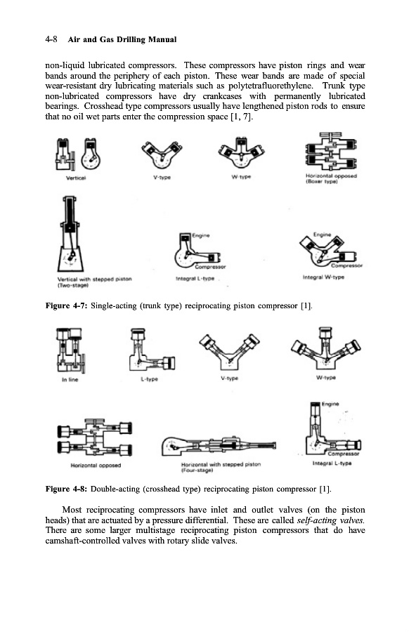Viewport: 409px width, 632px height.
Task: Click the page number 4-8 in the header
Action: [x=51, y=39]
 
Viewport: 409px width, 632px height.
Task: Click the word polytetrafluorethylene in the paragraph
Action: [x=270, y=86]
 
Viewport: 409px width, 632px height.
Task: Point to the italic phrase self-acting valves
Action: [x=331, y=520]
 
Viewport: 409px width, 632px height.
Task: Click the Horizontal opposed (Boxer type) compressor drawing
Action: [x=331, y=152]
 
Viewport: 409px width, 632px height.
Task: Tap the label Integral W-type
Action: [x=323, y=277]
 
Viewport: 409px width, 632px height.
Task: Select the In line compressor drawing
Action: [x=71, y=350]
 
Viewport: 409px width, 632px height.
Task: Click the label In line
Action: [x=70, y=380]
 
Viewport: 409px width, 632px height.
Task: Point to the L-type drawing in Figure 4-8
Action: [x=152, y=350]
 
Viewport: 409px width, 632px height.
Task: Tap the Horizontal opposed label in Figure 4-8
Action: [x=96, y=466]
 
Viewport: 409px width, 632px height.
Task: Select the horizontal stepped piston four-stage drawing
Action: [x=219, y=446]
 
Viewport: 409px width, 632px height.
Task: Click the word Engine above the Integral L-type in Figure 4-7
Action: [x=201, y=235]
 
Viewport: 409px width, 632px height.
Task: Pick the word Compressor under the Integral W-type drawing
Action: [x=347, y=265]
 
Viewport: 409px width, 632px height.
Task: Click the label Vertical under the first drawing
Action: [x=76, y=178]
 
